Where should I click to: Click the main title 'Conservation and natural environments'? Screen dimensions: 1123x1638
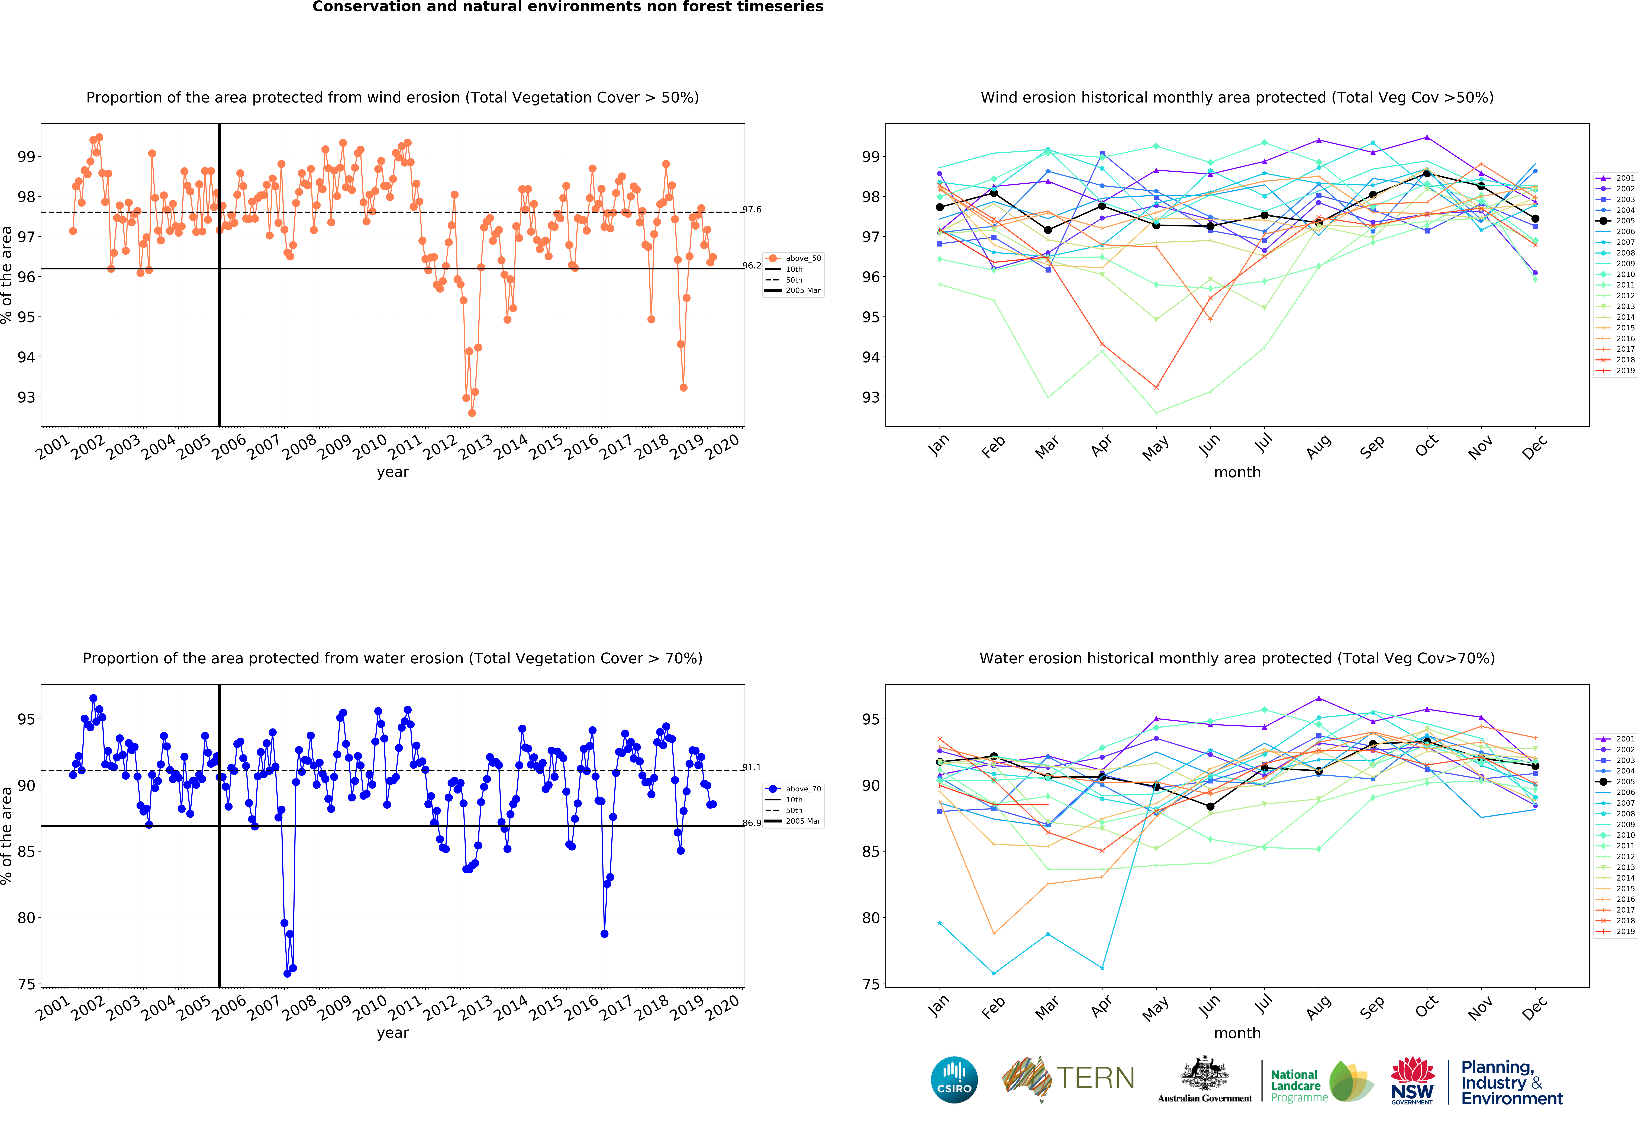click(567, 7)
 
